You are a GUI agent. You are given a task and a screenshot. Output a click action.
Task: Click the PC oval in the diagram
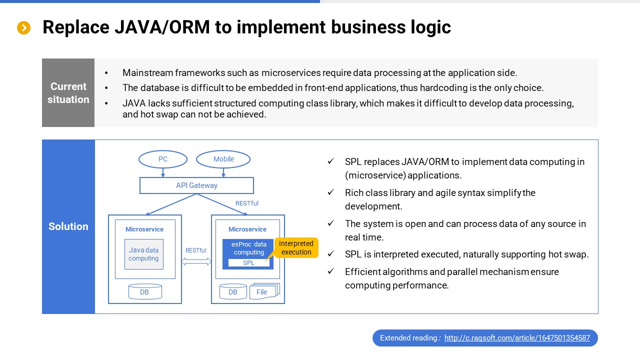[x=163, y=159]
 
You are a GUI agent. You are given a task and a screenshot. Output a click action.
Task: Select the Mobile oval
[x=223, y=159]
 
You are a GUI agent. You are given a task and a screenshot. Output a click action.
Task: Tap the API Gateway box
[x=196, y=185]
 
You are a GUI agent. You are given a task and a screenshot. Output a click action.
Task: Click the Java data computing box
[x=144, y=254]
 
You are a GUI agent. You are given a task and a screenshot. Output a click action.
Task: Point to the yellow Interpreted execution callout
[x=296, y=248]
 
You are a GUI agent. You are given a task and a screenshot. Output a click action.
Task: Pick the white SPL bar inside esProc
[x=248, y=263]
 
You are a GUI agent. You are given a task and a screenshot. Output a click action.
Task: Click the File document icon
[x=263, y=292]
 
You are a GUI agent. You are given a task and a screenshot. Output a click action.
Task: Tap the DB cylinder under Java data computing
[x=145, y=292]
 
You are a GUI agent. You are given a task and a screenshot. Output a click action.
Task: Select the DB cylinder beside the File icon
[x=233, y=292]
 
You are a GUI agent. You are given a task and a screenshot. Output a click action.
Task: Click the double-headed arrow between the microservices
[x=196, y=261]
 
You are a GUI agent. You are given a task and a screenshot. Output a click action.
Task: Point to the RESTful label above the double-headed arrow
[x=196, y=250]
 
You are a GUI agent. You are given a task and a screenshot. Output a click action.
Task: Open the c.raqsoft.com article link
[x=517, y=338]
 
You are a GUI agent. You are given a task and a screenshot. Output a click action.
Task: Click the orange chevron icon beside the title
[x=24, y=28]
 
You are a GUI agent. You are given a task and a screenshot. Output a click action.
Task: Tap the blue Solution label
[x=68, y=226]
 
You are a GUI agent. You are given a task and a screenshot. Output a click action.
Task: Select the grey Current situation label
[x=68, y=93]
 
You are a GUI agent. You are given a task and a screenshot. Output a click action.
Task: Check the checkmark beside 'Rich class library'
[x=330, y=192]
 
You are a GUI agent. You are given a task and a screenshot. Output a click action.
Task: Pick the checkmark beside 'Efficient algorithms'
[x=330, y=271]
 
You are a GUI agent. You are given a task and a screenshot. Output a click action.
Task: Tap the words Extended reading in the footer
[x=408, y=338]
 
